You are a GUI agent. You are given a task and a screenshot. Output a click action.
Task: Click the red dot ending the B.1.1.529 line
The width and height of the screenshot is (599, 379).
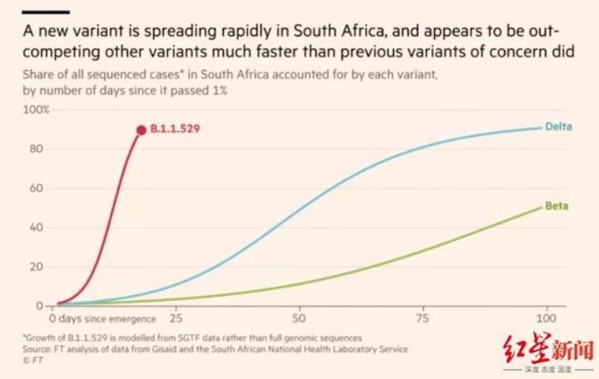(x=141, y=130)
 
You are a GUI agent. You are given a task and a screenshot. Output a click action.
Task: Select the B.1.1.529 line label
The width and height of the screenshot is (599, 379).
(x=176, y=129)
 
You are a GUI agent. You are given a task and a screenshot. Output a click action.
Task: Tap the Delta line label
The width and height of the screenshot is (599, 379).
(x=558, y=126)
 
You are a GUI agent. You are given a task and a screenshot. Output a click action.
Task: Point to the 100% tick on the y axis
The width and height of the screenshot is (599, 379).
(x=36, y=110)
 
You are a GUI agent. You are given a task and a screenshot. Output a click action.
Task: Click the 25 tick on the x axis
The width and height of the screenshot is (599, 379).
(x=175, y=319)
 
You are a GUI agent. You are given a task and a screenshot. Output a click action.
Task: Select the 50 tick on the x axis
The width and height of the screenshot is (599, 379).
(x=299, y=319)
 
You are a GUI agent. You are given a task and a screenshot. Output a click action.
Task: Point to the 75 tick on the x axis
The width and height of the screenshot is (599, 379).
(x=423, y=319)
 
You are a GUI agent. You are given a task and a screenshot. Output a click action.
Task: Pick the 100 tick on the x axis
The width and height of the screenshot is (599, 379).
(x=547, y=319)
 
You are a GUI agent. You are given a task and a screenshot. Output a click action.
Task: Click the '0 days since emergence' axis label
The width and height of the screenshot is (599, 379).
(x=103, y=319)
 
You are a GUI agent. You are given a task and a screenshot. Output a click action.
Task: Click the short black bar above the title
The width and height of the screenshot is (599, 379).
(x=46, y=11)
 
